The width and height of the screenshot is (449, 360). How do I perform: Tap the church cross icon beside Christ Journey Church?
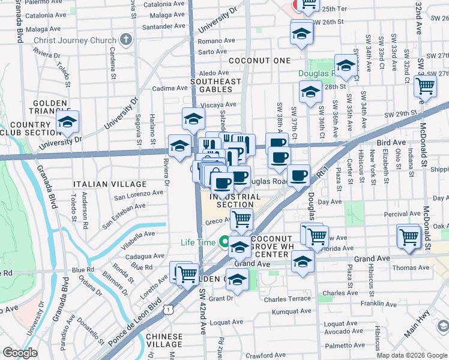click(125, 41)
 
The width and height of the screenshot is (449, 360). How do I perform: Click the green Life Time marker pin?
click(224, 243)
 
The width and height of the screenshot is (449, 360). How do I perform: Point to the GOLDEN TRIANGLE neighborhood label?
click(50, 108)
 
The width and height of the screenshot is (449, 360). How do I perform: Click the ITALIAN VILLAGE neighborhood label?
click(110, 184)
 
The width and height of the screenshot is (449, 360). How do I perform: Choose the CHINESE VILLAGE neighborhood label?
click(164, 340)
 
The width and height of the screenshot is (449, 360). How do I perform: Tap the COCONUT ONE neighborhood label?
click(259, 61)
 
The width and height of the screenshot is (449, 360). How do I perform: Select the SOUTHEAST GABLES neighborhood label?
click(215, 86)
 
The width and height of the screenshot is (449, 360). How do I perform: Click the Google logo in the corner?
click(20, 353)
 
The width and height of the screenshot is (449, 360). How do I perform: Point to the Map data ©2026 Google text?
click(412, 355)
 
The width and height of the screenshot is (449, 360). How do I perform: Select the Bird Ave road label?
click(391, 143)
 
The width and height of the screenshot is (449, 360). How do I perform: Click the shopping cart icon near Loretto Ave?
click(187, 274)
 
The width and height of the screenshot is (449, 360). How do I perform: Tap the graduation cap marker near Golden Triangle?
click(68, 122)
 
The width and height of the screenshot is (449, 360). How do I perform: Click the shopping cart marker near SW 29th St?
click(425, 86)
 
